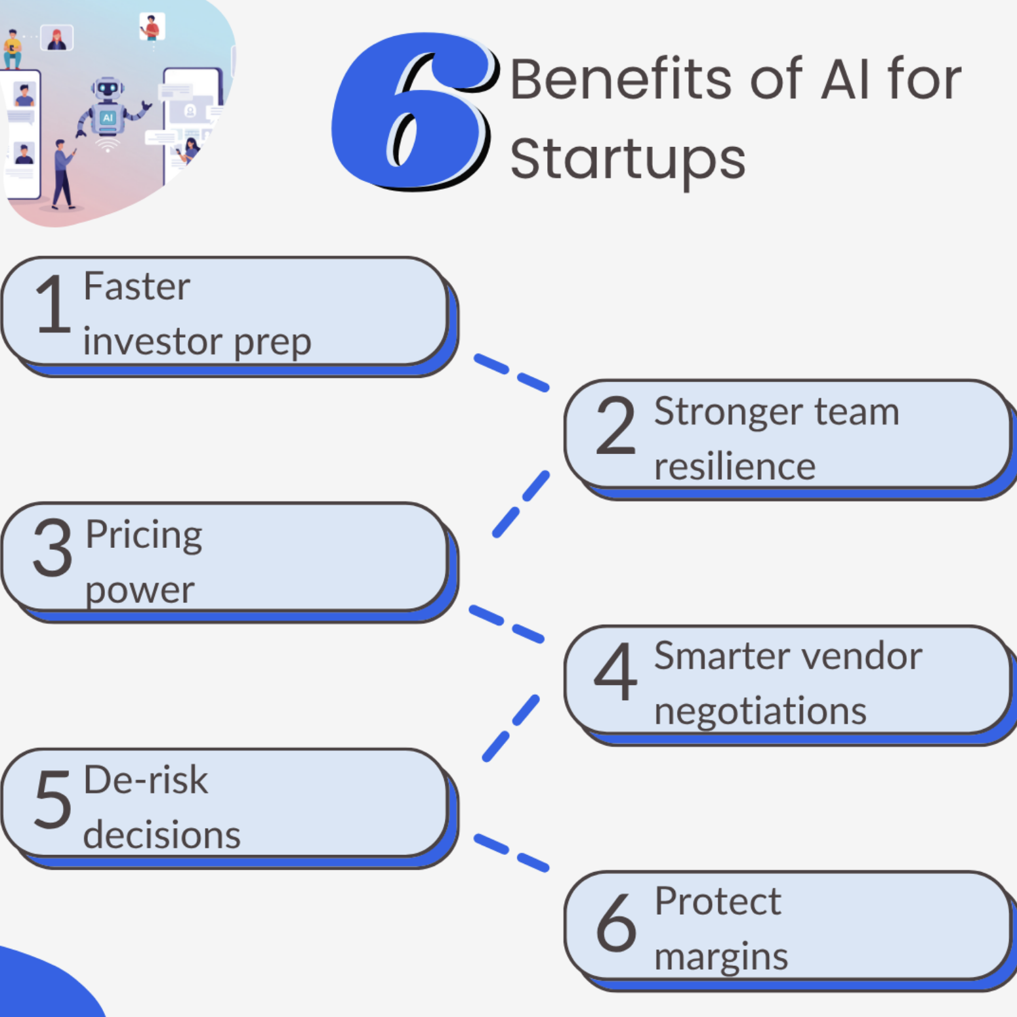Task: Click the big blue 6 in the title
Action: point(412,112)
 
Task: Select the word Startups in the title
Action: point(627,159)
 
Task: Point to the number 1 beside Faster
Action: point(52,304)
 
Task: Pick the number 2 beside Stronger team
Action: point(615,426)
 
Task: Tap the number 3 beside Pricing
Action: point(52,547)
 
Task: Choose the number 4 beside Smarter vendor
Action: point(615,671)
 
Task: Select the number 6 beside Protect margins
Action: point(615,922)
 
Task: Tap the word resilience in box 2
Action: point(734,467)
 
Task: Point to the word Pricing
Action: point(144,535)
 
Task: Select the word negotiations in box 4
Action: point(760,711)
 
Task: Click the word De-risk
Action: point(146,780)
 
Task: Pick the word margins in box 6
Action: point(720,957)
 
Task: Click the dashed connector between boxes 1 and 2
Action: point(511,372)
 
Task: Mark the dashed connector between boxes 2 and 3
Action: point(521,504)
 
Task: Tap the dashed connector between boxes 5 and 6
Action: point(511,852)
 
